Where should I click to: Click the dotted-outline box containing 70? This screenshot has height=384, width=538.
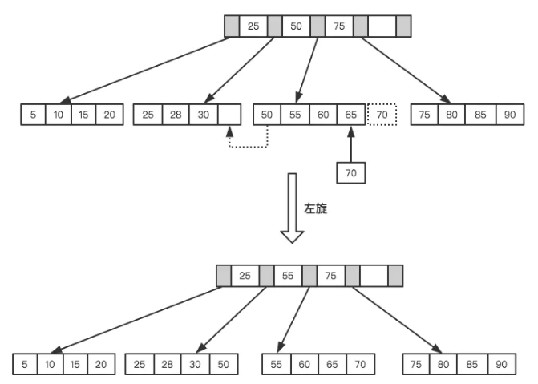[x=382, y=115]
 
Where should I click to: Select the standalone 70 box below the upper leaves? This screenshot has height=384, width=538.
[x=350, y=172]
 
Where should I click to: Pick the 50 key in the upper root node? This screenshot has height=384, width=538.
[x=297, y=26]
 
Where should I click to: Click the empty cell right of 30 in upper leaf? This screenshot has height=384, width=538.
[x=229, y=115]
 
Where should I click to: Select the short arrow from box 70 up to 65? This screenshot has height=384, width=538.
[x=350, y=144]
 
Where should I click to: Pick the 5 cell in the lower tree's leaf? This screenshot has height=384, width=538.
[x=26, y=364]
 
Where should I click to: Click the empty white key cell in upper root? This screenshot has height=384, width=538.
[x=382, y=26]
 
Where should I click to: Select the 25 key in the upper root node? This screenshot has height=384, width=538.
[x=253, y=26]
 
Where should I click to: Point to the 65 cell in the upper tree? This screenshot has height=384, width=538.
[x=350, y=115]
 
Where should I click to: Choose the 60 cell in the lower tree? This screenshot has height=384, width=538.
[x=305, y=364]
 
